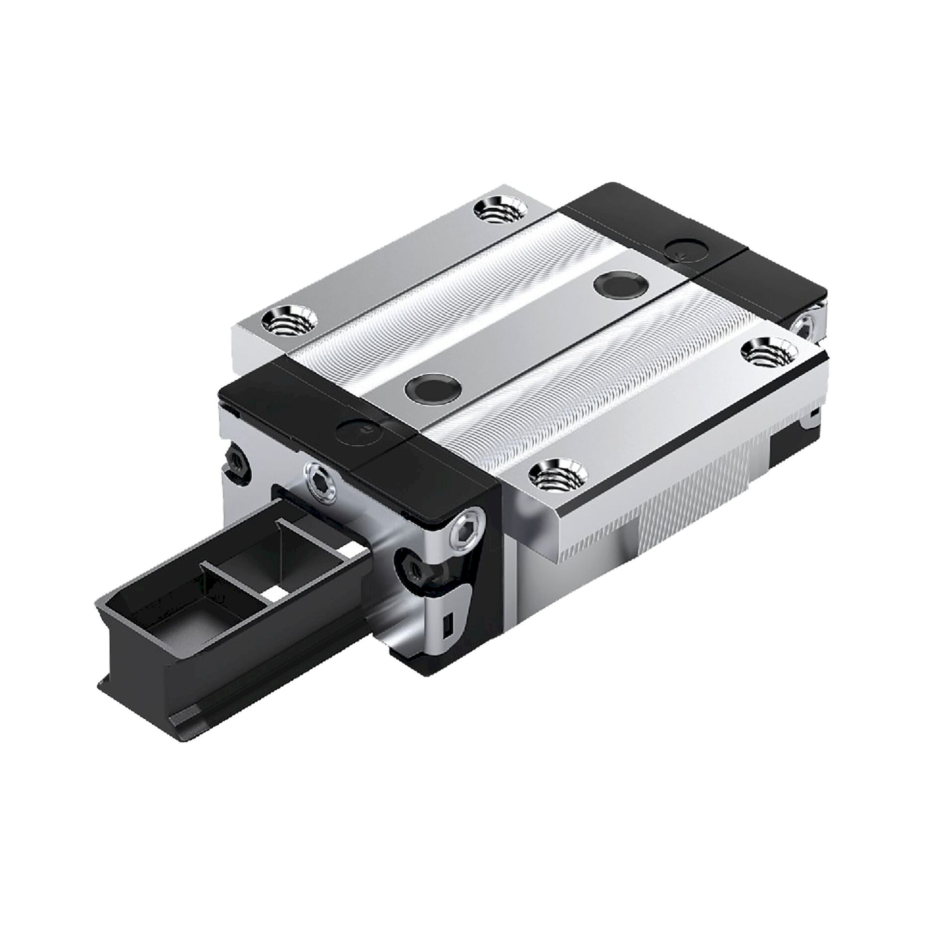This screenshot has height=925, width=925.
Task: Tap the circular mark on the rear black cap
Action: (x=688, y=249)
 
